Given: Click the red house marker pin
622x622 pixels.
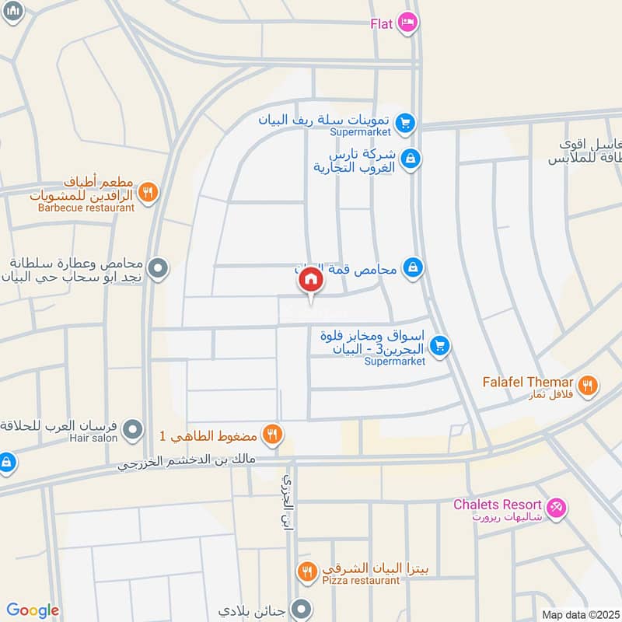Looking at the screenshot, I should click(311, 280).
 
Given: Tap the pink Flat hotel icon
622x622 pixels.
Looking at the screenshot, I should click(406, 23).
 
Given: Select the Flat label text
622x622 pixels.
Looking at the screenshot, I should click(381, 23).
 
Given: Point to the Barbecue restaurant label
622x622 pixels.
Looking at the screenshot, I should click(86, 208).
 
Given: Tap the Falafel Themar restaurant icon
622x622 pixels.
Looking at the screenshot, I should click(589, 383).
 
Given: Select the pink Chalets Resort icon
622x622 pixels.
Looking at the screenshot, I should click(556, 507).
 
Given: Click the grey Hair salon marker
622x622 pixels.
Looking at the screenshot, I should click(134, 428).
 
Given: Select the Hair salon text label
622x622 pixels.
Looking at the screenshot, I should click(97, 439).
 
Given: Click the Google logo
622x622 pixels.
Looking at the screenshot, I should click(33, 610).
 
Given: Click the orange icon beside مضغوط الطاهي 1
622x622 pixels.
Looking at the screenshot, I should click(271, 434).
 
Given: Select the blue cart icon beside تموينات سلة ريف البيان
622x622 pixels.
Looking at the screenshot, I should click(404, 122).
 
